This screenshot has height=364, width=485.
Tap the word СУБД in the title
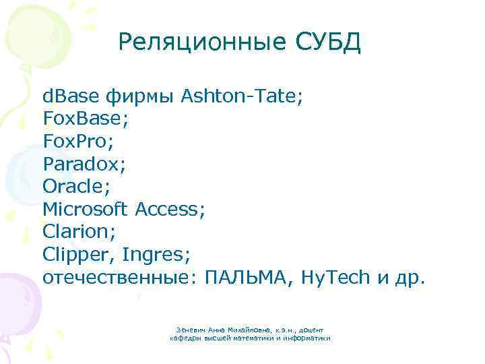pos(329,42)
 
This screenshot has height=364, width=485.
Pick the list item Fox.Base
pos(84,119)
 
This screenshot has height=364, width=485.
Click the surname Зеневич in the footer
pos(188,329)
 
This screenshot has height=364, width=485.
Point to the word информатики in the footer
pos(308,338)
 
